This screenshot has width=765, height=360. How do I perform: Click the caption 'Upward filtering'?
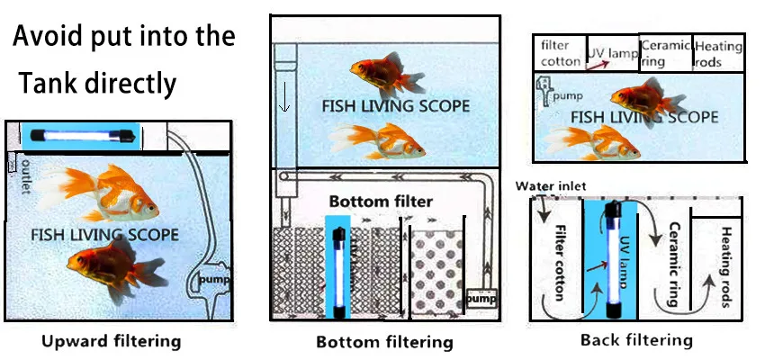[x=112, y=341]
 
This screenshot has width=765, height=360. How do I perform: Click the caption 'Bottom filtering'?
[x=384, y=342]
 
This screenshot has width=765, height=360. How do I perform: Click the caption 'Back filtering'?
[x=636, y=339]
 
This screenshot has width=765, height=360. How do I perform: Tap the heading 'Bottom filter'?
[x=381, y=201]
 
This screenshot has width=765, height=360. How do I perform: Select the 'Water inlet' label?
[x=551, y=186]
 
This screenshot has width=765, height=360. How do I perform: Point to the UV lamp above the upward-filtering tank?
[x=82, y=135]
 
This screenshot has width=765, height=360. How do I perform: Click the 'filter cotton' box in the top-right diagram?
[x=560, y=54]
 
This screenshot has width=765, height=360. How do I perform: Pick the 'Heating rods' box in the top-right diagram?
[x=719, y=54]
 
